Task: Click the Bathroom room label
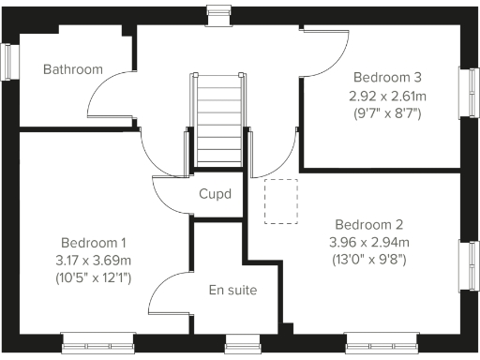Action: click(x=72, y=69)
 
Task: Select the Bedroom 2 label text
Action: click(x=369, y=225)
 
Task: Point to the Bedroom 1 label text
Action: click(x=95, y=242)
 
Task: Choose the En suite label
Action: click(x=232, y=290)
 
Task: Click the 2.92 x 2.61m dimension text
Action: click(x=386, y=96)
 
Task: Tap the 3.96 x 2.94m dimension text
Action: click(x=369, y=242)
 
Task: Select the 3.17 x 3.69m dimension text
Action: click(x=95, y=260)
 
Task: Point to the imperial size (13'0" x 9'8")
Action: click(x=369, y=260)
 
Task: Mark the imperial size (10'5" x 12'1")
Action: click(x=95, y=277)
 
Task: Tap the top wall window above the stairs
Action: click(x=217, y=12)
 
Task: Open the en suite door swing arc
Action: click(x=170, y=292)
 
